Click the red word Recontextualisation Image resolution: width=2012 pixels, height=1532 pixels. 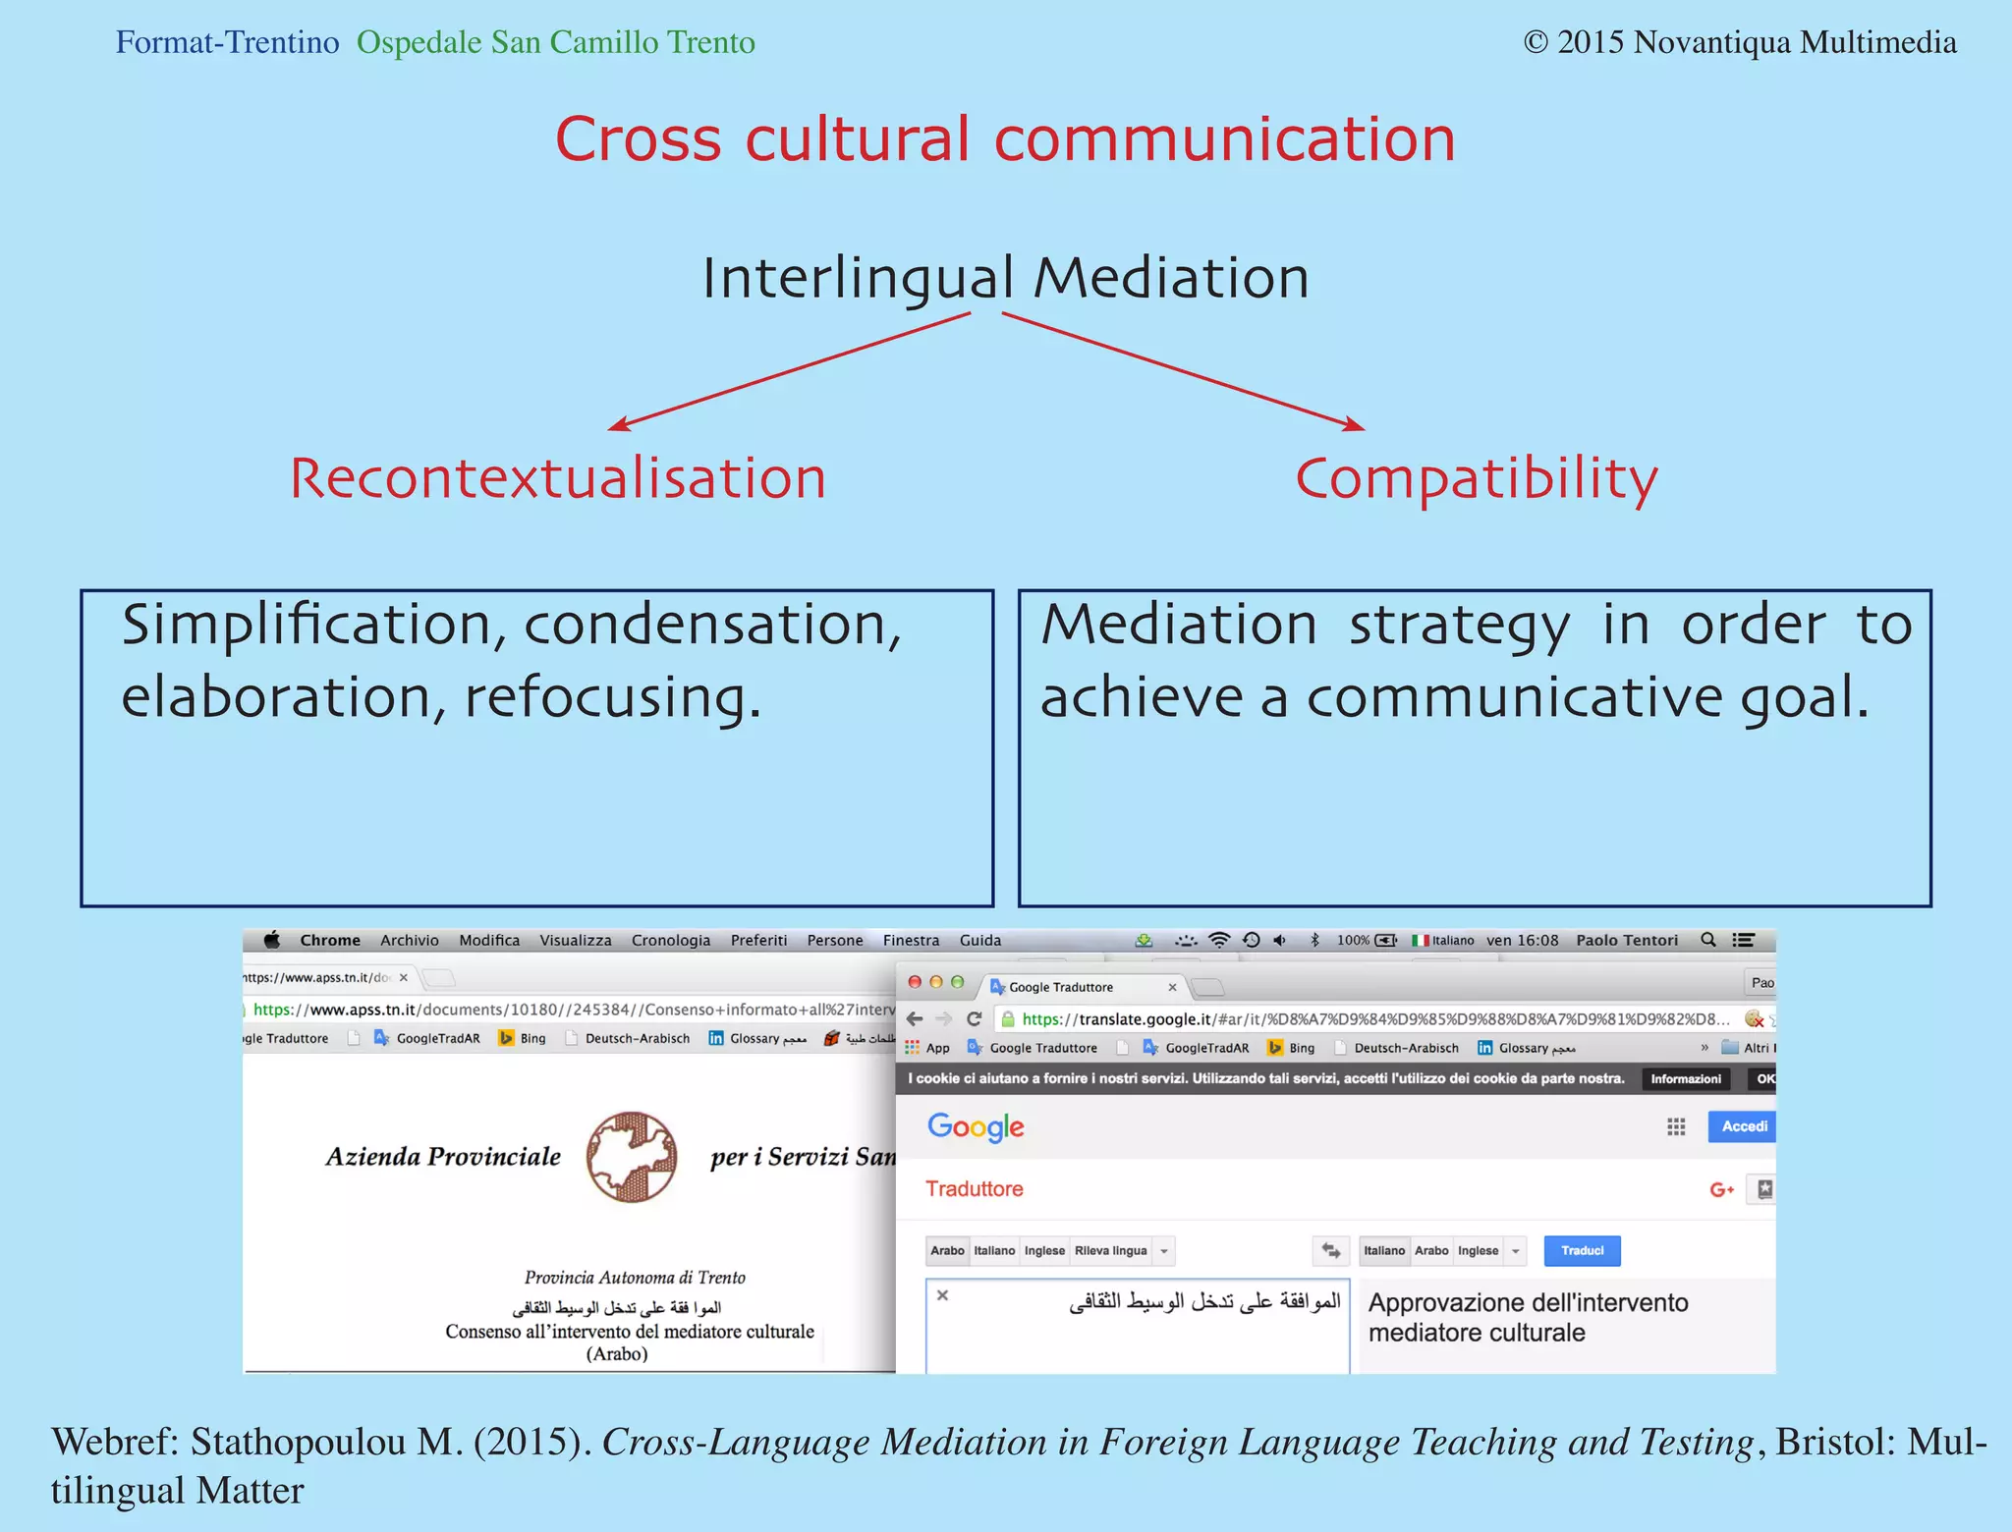click(x=557, y=479)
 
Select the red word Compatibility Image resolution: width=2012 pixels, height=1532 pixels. click(x=1476, y=479)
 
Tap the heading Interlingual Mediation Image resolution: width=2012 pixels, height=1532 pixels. click(x=1005, y=278)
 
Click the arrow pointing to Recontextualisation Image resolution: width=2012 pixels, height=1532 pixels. click(x=786, y=371)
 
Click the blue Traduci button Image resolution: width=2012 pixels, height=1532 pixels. click(x=1582, y=1250)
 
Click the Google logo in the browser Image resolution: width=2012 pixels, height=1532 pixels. click(x=976, y=1126)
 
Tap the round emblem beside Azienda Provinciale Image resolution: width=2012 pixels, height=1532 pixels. click(x=632, y=1157)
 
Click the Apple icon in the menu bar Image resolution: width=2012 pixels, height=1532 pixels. click(x=272, y=940)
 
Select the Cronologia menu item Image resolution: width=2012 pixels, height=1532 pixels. click(x=670, y=940)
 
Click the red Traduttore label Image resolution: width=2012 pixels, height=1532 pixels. click(x=974, y=1188)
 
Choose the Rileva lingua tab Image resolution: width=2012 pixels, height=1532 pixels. click(x=1110, y=1250)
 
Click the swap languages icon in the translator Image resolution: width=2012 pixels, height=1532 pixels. click(x=1331, y=1250)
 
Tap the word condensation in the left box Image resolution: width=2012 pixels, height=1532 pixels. click(x=711, y=625)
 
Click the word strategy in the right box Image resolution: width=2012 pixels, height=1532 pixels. click(x=1459, y=625)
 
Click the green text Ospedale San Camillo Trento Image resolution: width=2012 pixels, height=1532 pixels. click(x=555, y=42)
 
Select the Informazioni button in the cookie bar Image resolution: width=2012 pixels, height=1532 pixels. click(x=1685, y=1078)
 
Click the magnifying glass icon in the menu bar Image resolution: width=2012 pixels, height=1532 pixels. click(x=1708, y=940)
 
